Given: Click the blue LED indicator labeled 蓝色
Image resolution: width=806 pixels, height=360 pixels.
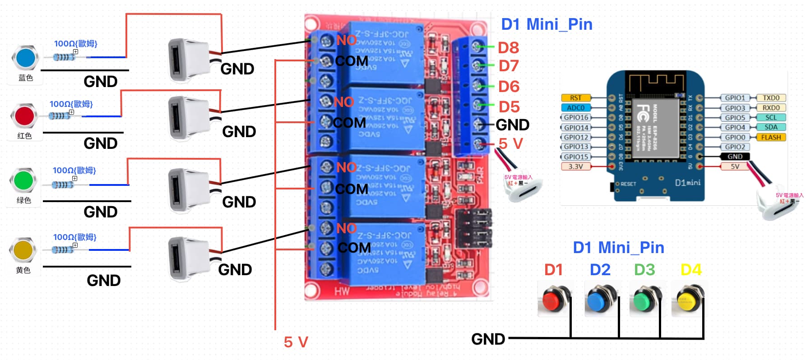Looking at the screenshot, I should (25, 58).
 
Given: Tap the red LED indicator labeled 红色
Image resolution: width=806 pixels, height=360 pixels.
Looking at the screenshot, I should (24, 116).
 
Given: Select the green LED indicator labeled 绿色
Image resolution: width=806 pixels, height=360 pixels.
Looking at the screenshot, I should (23, 180).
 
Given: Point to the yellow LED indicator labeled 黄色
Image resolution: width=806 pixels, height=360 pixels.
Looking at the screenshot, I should (23, 249).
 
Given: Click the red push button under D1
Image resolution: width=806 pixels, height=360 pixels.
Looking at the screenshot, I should (552, 300).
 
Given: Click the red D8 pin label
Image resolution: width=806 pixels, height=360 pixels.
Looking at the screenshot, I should (508, 47).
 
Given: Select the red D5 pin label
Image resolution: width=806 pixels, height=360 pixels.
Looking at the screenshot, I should (509, 107).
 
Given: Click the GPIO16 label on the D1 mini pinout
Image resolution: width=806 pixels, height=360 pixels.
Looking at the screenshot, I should (576, 117).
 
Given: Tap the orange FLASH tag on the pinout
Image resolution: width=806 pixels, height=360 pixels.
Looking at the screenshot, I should (771, 137).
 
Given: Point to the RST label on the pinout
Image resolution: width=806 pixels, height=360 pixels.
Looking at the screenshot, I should (575, 98).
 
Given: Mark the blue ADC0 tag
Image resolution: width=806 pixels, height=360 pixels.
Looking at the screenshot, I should (575, 108).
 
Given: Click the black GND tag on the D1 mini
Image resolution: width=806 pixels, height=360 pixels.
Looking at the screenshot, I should (735, 157).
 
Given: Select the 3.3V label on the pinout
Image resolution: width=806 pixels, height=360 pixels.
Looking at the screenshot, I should (575, 166).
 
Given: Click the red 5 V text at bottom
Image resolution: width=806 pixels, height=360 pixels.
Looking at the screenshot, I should (296, 342).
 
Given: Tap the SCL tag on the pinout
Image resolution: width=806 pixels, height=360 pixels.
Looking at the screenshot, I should (771, 117).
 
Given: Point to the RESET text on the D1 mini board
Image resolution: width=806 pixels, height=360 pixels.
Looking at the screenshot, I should (628, 184).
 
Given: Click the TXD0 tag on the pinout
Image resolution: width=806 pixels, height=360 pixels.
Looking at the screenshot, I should (771, 98).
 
